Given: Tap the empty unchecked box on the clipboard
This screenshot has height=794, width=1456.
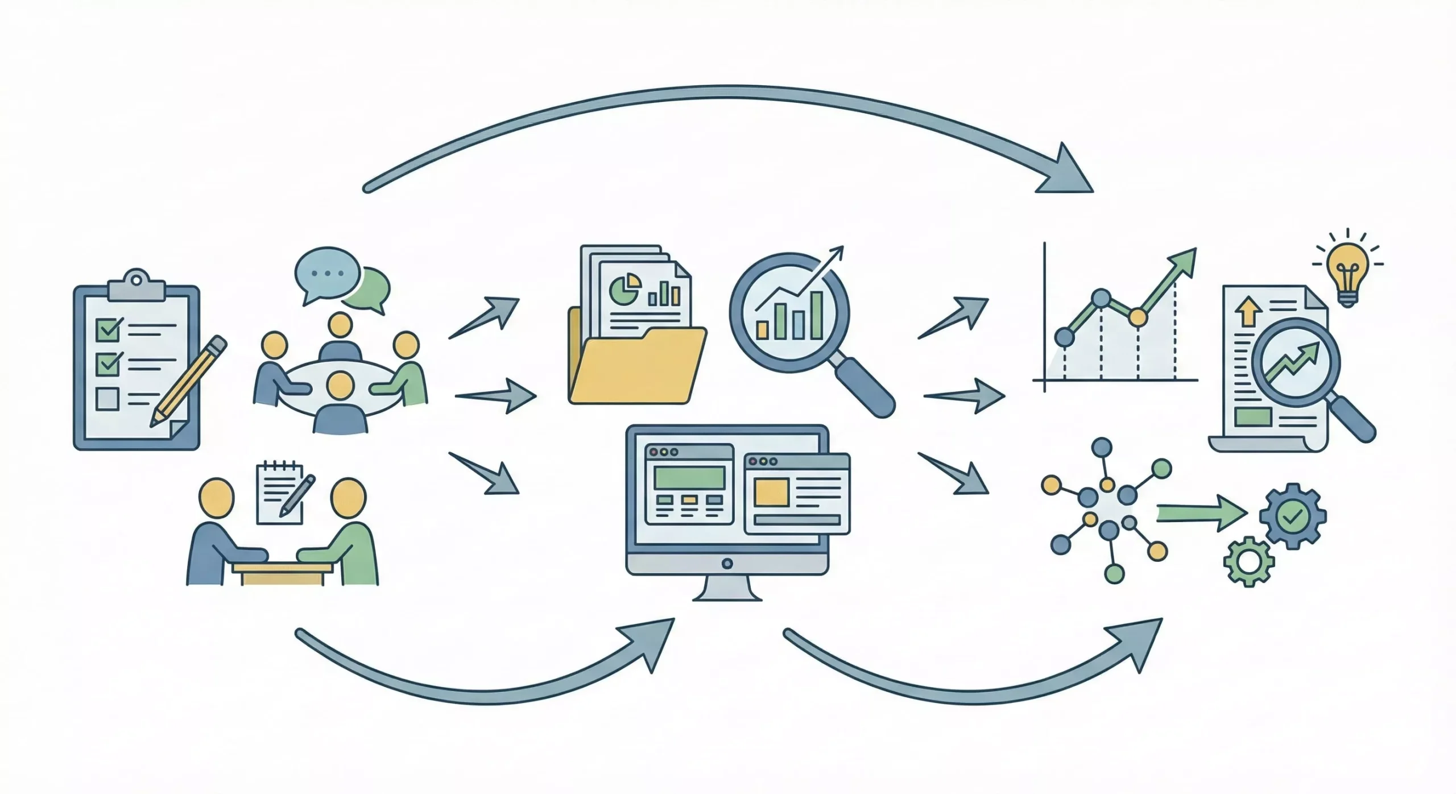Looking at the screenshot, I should coord(107,399).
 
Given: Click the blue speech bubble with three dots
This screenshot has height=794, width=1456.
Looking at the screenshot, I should coord(326,274).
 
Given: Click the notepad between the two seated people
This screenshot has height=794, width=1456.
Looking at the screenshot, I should coord(280,492).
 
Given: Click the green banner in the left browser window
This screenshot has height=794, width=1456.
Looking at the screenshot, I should coord(689,477).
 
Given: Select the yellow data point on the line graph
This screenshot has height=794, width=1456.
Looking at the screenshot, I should coord(1137,317).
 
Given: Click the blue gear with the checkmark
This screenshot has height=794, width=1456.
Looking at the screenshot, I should coord(1292,516).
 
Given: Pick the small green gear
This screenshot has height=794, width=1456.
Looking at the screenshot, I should coord(1248,561).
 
